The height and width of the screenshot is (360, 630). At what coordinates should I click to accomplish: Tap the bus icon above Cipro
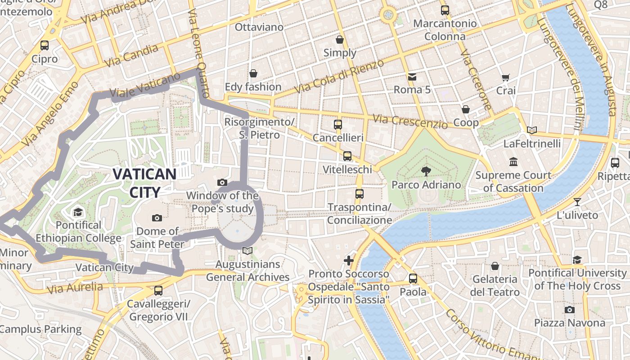pyautogui.click(x=45, y=45)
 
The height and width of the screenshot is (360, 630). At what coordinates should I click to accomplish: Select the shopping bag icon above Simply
pyautogui.click(x=340, y=40)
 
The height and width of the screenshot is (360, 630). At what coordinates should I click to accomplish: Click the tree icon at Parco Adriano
pyautogui.click(x=426, y=171)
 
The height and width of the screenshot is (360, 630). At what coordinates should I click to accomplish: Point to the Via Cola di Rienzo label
pyautogui.click(x=340, y=76)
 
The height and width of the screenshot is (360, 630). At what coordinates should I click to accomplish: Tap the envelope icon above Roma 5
pyautogui.click(x=412, y=76)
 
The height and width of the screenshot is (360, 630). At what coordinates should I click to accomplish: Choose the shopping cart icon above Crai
pyautogui.click(x=505, y=77)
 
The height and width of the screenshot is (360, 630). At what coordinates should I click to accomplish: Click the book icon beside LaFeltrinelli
pyautogui.click(x=532, y=130)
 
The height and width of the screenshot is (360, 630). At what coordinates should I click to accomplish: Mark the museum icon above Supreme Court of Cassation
pyautogui.click(x=513, y=162)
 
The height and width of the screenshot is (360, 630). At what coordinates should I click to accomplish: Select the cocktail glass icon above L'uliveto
pyautogui.click(x=577, y=202)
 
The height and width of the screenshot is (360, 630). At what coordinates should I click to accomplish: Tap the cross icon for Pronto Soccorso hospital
pyautogui.click(x=348, y=260)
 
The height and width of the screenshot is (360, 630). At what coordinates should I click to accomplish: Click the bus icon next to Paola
pyautogui.click(x=413, y=279)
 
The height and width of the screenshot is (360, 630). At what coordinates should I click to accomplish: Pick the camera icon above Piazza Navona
pyautogui.click(x=569, y=310)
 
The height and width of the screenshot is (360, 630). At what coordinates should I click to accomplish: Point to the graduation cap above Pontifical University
pyautogui.click(x=577, y=259)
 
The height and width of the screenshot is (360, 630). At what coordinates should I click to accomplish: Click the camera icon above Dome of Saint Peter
pyautogui.click(x=157, y=218)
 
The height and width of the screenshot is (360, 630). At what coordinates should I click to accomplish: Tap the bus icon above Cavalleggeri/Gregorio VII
pyautogui.click(x=158, y=291)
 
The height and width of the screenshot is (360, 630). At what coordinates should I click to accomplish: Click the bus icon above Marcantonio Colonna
pyautogui.click(x=445, y=10)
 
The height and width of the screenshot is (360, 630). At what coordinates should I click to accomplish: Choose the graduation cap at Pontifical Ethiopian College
pyautogui.click(x=78, y=211)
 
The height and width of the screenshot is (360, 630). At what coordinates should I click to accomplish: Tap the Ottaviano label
pyautogui.click(x=259, y=27)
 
